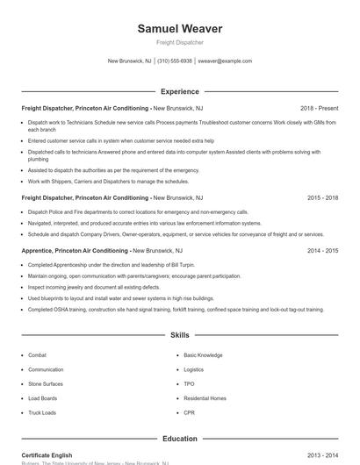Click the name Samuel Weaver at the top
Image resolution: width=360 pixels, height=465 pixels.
pos(180,29)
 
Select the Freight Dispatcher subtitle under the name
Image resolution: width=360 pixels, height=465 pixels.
pos(180,42)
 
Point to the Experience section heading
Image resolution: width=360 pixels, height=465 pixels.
pos(180,91)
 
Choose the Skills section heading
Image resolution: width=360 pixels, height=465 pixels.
pos(180,335)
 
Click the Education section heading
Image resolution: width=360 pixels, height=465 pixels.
pos(180,439)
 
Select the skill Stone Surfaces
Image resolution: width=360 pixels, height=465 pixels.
pos(46,383)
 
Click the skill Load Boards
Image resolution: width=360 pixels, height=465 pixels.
pos(43,397)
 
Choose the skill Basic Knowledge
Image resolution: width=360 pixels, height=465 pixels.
pos(203,355)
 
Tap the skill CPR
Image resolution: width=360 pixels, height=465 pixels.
pos(190,411)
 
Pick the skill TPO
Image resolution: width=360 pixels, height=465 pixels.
pos(190,383)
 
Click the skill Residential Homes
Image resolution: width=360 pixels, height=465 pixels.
pos(205,397)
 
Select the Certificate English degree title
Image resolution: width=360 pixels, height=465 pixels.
pos(47,455)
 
